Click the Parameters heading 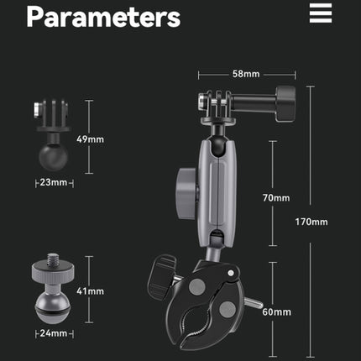tap(103, 17)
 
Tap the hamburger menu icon tap(321, 13)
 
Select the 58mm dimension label tap(246, 74)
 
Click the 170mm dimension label tap(311, 222)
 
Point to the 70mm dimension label tap(276, 198)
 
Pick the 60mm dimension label tap(276, 312)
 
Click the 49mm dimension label tap(90, 139)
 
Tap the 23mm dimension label tap(54, 182)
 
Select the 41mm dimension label tap(90, 291)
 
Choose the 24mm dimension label tap(54, 333)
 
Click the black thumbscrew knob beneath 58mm tap(285, 104)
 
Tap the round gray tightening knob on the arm tap(187, 194)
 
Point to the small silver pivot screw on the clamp tap(231, 273)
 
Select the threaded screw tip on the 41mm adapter tap(52, 259)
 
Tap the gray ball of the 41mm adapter tap(53, 308)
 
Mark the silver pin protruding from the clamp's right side tap(254, 302)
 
